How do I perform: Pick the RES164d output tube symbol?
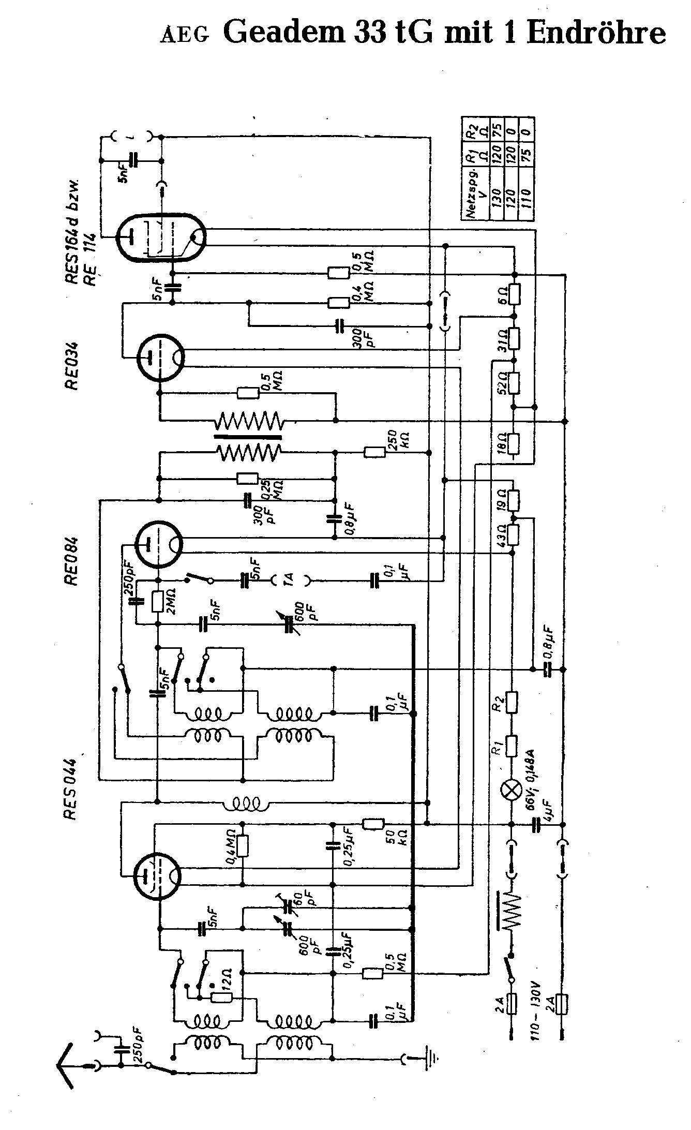(x=161, y=236)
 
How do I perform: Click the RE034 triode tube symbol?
(x=161, y=358)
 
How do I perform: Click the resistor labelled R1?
(x=512, y=746)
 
